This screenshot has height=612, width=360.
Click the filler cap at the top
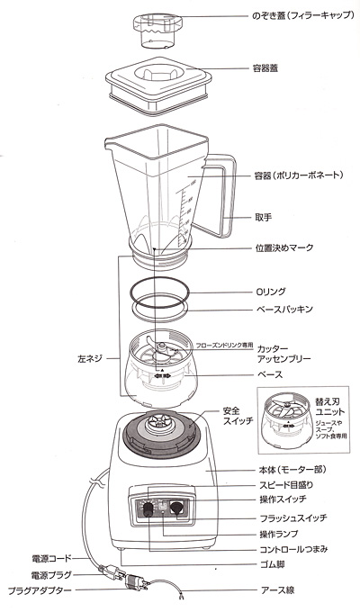(158, 28)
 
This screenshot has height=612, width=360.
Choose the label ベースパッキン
(284, 310)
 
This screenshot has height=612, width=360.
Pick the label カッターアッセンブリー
(283, 353)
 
